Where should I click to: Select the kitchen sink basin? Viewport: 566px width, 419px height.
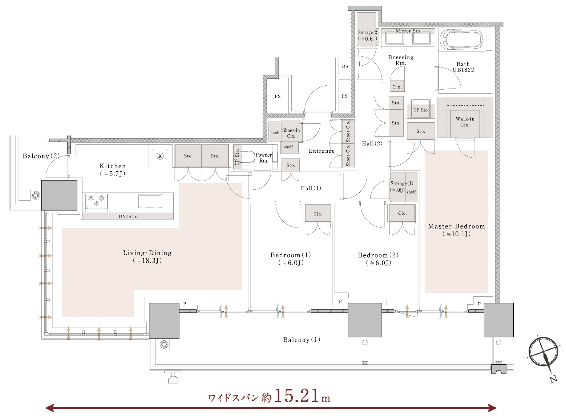tap(150, 201)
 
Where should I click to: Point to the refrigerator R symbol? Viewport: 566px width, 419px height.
tap(160, 156)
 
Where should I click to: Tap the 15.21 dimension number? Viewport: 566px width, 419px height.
tap(296, 395)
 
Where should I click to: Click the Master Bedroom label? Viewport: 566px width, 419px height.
tap(456, 226)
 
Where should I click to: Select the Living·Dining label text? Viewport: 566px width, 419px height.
tap(147, 253)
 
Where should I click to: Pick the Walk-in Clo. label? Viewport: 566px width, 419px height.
tap(465, 122)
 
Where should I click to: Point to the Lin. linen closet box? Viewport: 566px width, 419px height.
tap(397, 86)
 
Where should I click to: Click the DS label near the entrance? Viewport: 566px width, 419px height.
tap(345, 66)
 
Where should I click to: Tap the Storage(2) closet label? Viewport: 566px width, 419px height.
tap(368, 36)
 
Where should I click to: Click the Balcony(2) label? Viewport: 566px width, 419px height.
tap(41, 156)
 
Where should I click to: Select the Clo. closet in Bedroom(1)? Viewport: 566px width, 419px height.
tap(318, 213)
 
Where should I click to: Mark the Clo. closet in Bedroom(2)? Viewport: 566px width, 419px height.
tap(402, 213)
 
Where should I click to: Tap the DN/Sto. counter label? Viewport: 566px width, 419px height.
tap(128, 216)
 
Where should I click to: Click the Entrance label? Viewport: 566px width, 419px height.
tap(322, 151)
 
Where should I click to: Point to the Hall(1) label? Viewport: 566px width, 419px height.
tap(311, 188)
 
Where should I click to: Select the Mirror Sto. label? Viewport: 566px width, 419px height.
tap(408, 31)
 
